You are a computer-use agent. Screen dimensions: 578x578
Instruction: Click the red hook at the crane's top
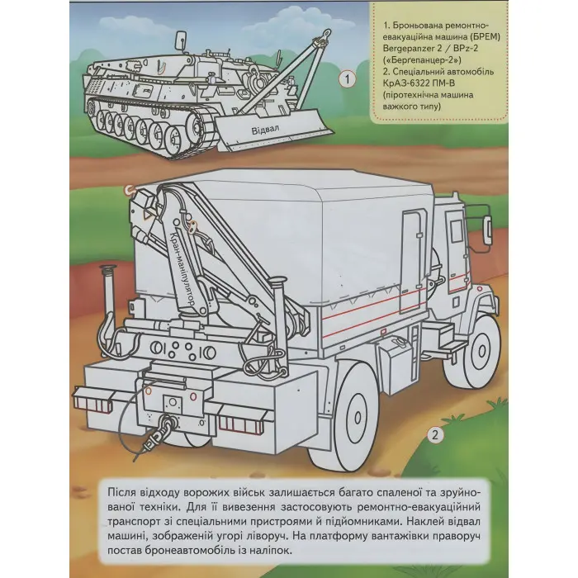[x=129, y=192]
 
